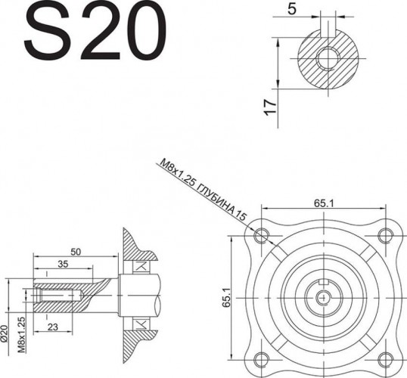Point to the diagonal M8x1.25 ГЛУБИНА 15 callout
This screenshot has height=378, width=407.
[x=203, y=189]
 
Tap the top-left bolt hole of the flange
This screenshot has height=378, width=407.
[x=262, y=234]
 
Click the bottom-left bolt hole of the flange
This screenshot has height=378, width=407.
[x=262, y=359]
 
